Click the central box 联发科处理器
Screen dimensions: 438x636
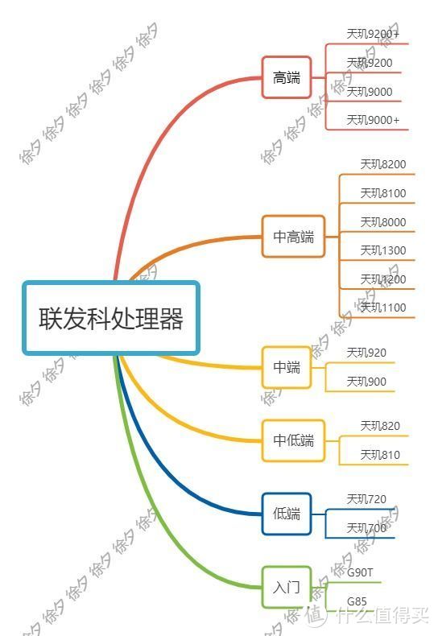(x=111, y=317)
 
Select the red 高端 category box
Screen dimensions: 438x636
(x=287, y=77)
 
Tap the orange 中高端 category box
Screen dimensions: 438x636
(x=293, y=237)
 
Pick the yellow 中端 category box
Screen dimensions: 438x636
(x=287, y=367)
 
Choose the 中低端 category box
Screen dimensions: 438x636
(x=293, y=440)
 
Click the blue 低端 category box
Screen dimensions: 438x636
(x=287, y=514)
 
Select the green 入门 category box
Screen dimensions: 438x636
(x=287, y=587)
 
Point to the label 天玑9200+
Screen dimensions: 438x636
(x=373, y=34)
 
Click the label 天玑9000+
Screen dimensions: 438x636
(x=373, y=120)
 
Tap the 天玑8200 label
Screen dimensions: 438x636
(x=383, y=164)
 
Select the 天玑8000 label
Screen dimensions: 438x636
(x=383, y=222)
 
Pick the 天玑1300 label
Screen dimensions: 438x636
(x=383, y=250)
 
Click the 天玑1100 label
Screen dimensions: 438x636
(x=383, y=308)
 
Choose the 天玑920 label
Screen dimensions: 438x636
(x=366, y=353)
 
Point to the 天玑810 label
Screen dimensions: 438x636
(x=380, y=455)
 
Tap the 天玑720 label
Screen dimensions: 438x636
(x=366, y=499)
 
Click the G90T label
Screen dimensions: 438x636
(x=360, y=572)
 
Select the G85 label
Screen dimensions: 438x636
(x=357, y=601)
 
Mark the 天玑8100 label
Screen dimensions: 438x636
(x=383, y=193)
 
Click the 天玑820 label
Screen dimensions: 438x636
(x=380, y=426)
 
